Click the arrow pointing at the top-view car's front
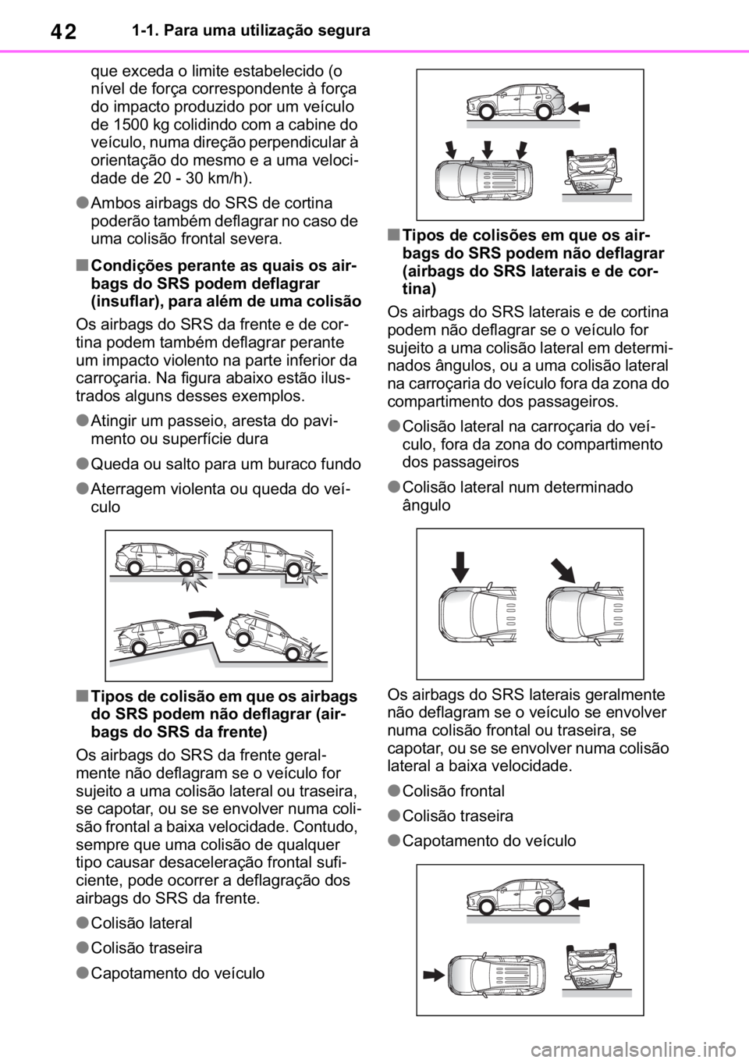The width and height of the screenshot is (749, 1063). click(x=431, y=973)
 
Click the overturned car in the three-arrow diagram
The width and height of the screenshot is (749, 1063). click(x=597, y=171)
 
